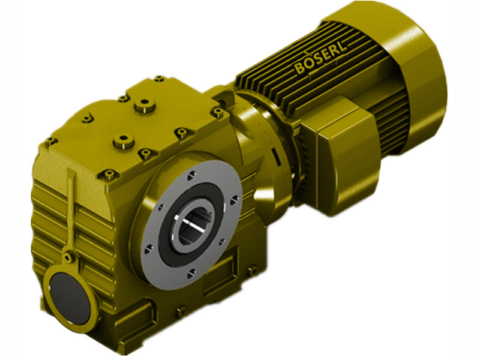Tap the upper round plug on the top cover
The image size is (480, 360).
pyautogui.click(x=143, y=106)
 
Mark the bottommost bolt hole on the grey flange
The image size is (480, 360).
pyautogui.click(x=191, y=273)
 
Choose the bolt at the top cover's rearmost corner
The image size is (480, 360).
pyautogui.click(x=158, y=79)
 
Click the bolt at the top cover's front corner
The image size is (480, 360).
pyautogui.click(x=109, y=175)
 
